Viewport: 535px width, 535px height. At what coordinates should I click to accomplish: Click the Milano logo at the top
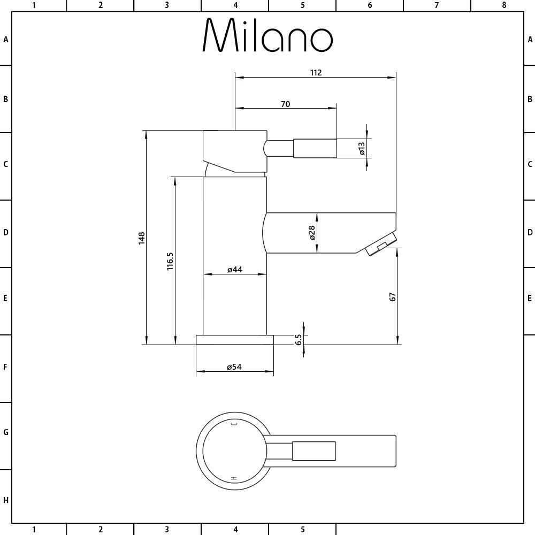[x=267, y=35]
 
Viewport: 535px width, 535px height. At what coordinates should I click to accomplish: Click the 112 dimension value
[x=316, y=73]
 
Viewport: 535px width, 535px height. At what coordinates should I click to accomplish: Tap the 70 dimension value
[x=286, y=104]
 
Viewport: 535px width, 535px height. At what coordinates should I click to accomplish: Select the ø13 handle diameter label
[x=362, y=148]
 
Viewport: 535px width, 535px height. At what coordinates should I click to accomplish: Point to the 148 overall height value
[x=142, y=238]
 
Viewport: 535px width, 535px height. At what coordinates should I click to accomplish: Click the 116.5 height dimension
[x=170, y=262]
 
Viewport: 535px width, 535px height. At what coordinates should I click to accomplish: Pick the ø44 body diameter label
[x=235, y=270]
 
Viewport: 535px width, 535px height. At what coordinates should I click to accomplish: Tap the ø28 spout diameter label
[x=312, y=233]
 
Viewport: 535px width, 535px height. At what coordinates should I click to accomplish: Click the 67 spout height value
[x=392, y=297]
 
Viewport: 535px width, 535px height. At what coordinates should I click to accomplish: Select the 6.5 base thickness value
[x=299, y=340]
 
